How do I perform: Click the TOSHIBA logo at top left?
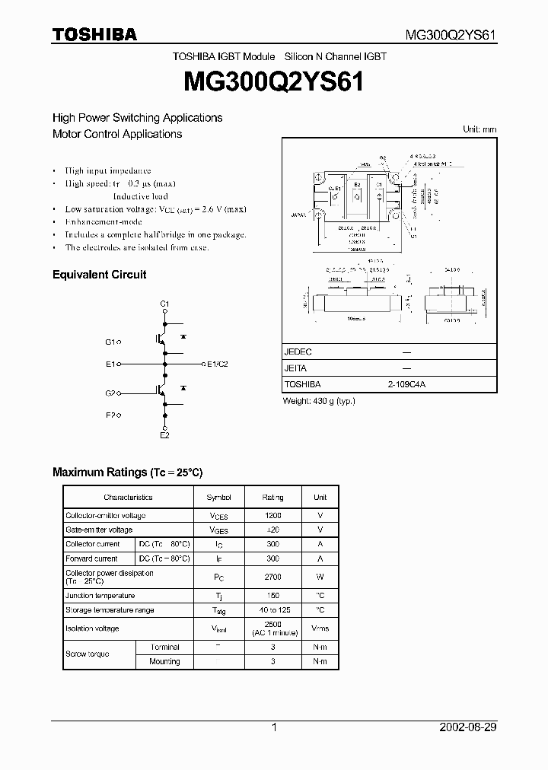[x=94, y=34]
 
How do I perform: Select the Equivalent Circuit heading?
[x=99, y=275]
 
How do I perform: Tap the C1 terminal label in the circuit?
[x=164, y=304]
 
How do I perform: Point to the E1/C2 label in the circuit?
[x=218, y=364]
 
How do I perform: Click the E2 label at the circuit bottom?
[x=164, y=434]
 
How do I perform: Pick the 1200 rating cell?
[x=272, y=516]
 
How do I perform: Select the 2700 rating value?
[x=272, y=577]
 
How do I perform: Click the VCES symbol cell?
[x=218, y=516]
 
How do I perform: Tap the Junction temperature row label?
[x=100, y=596]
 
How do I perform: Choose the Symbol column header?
[x=218, y=498]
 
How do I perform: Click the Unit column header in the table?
[x=320, y=498]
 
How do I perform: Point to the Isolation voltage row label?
[x=92, y=629]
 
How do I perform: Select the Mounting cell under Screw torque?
[x=164, y=662]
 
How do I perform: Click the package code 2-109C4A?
[x=407, y=385]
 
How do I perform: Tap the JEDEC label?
[x=298, y=352]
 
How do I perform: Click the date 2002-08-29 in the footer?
[x=468, y=727]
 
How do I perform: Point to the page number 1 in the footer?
[x=274, y=727]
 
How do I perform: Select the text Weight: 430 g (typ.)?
[x=319, y=401]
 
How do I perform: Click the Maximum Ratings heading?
[x=127, y=473]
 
